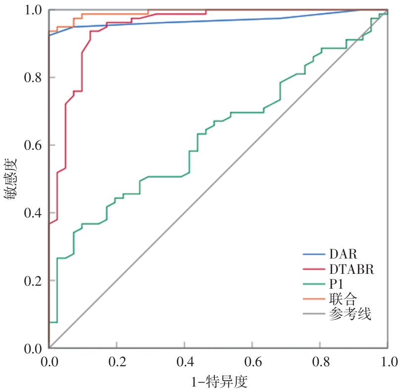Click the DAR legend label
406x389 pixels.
(343, 254)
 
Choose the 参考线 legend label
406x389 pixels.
(350, 314)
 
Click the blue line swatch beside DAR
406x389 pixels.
(314, 255)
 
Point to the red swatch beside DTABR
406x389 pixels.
(314, 269)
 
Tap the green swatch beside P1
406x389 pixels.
(314, 284)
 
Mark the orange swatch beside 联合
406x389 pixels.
(314, 299)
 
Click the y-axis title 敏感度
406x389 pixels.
(11, 179)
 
